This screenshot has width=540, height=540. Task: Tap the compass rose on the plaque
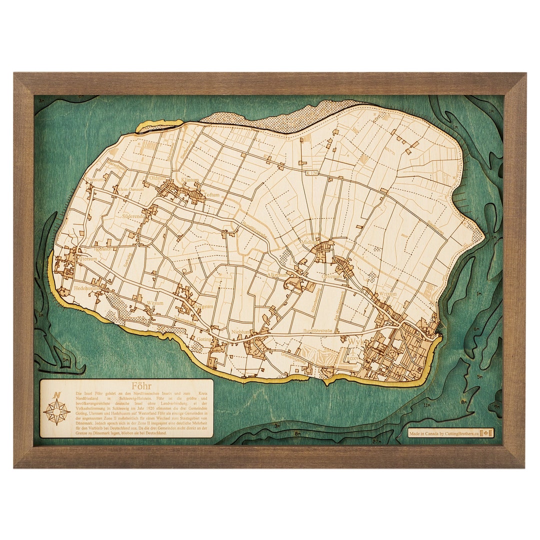[56, 411]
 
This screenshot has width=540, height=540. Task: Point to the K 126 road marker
[311, 173]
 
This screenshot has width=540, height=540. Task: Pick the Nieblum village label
[241, 331]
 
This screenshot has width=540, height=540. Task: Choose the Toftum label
[211, 196]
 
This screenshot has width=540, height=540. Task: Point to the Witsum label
[154, 303]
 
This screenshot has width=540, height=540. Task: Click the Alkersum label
[278, 275]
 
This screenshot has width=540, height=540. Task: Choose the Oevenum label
[332, 276]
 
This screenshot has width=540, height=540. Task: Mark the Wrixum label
[387, 294]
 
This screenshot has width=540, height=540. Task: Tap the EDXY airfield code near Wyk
[352, 359]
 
